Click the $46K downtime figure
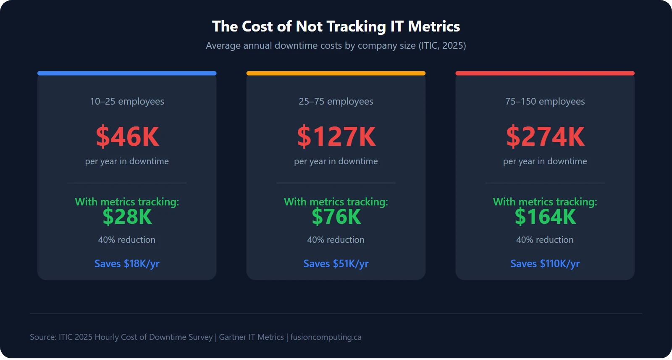[127, 137]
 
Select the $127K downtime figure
[336, 137]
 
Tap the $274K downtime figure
[545, 137]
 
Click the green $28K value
[127, 217]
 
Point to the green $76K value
[336, 217]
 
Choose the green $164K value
[545, 217]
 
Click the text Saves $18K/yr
[127, 264]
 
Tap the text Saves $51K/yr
[336, 264]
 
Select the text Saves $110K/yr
[545, 264]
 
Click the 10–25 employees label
[127, 102]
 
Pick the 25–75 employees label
[336, 102]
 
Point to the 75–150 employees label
[545, 102]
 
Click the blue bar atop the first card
[127, 73]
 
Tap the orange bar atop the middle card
[336, 73]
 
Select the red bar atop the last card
[545, 73]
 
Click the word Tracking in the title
[356, 26]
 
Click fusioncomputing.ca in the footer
[326, 337]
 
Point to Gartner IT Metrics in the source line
[251, 337]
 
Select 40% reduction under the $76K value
[336, 240]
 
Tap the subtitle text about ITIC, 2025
[336, 46]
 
